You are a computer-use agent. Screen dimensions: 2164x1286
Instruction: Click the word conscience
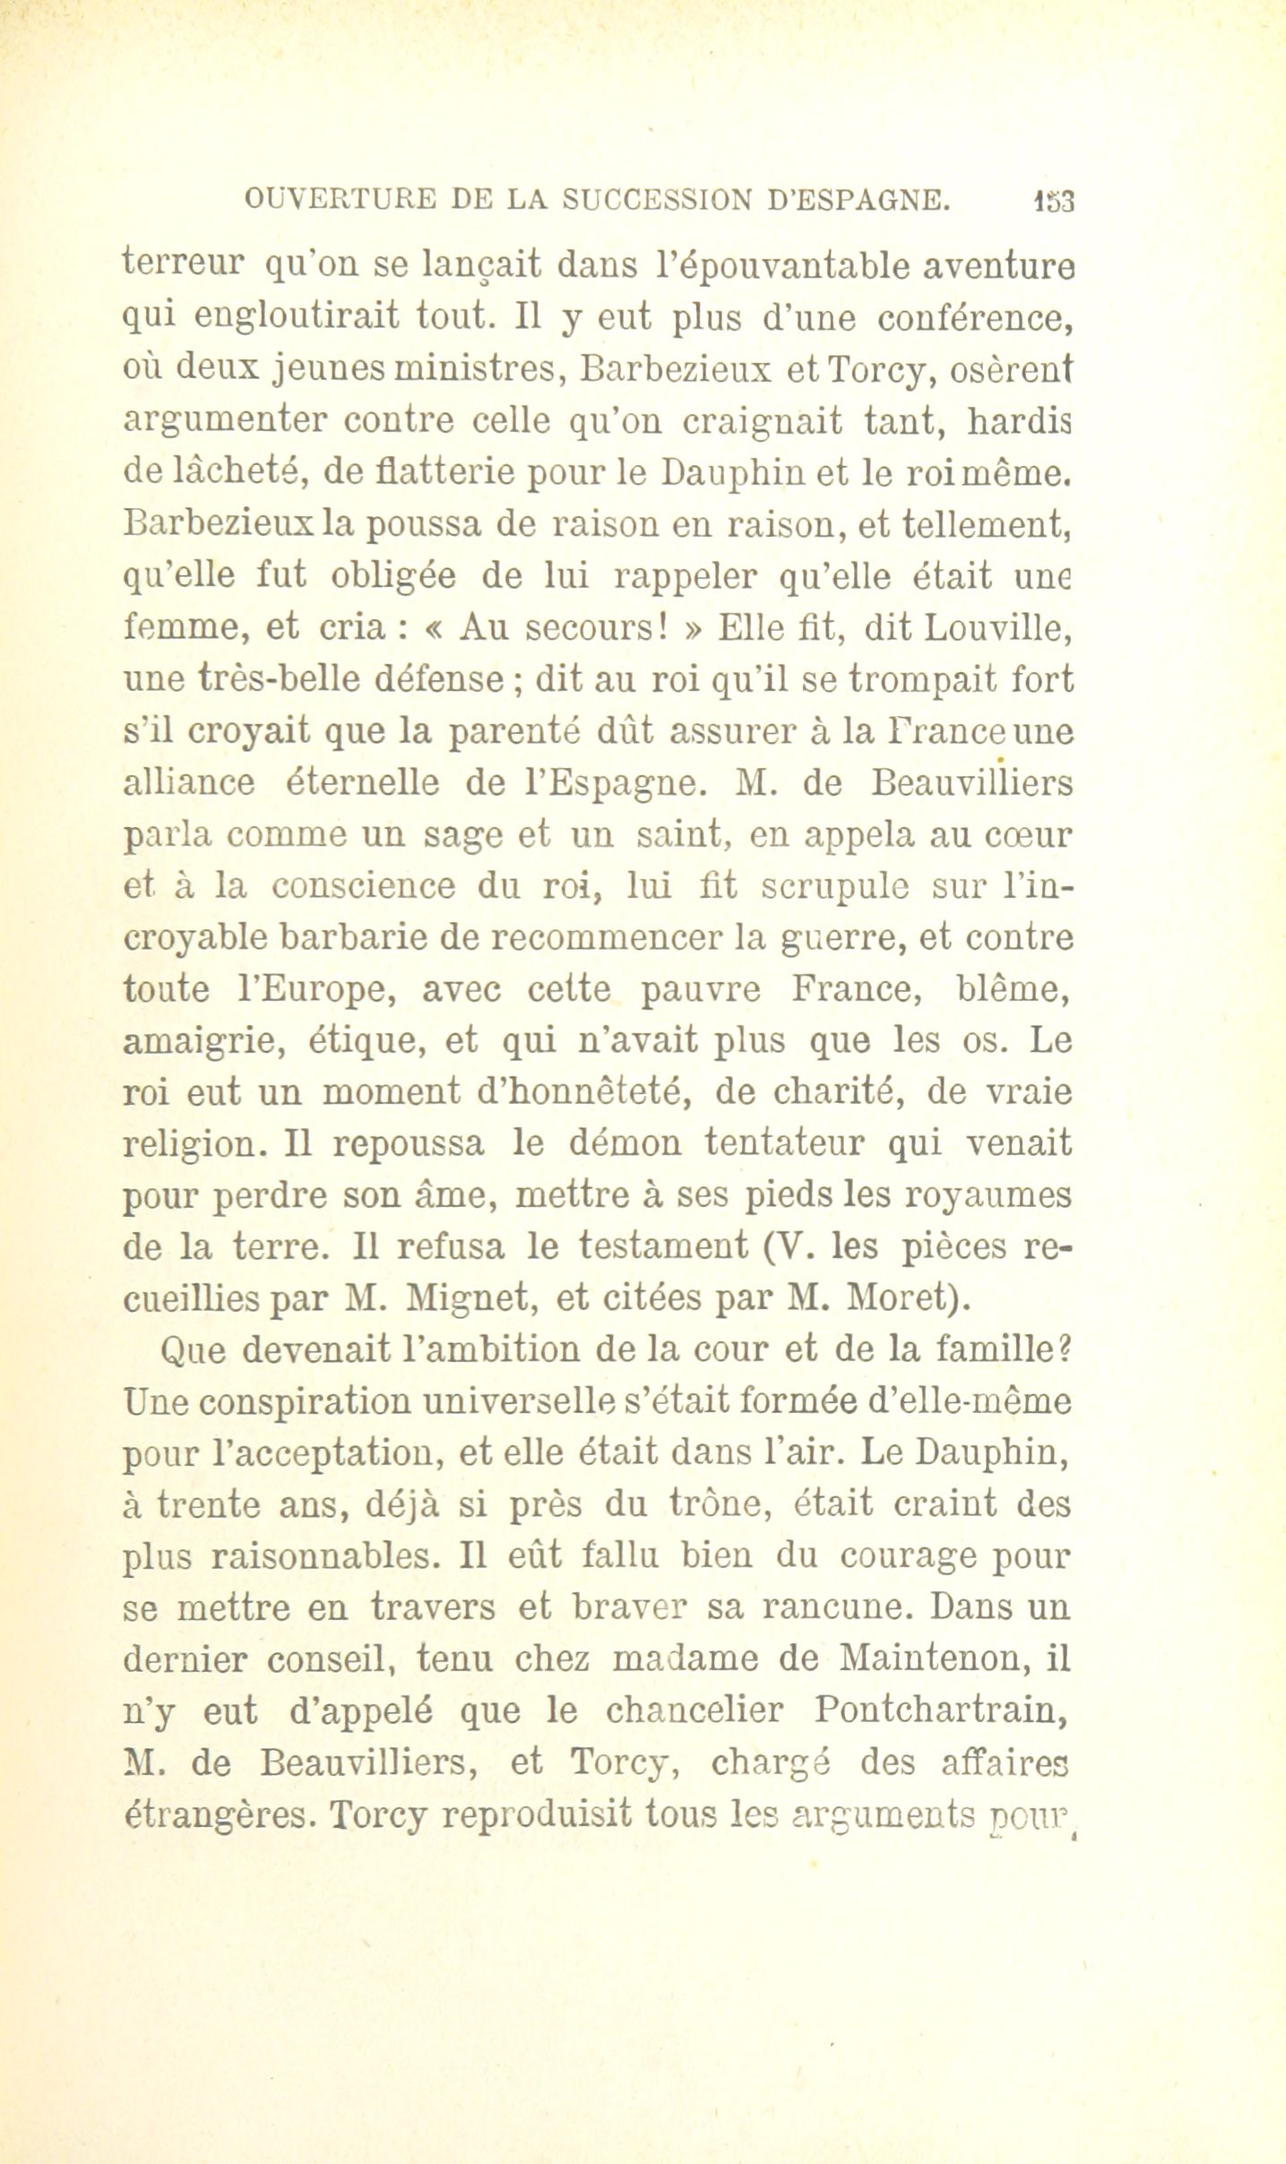(364, 887)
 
